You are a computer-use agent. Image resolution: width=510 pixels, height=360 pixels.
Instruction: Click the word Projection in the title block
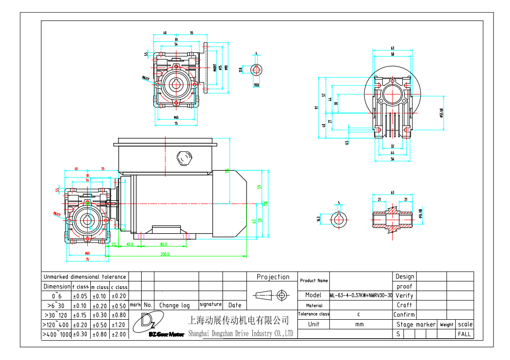pos(273,277)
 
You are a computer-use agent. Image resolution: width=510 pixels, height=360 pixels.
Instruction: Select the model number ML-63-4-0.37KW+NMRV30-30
pos(361,295)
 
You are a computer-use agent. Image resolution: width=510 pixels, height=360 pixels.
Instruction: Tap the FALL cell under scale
pos(464,334)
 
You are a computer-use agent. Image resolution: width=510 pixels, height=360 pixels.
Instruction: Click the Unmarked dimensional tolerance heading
pos(84,277)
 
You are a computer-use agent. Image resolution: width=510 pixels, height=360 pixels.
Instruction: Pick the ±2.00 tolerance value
pos(119,334)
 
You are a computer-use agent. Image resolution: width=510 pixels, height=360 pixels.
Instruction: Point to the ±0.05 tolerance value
pos(81,296)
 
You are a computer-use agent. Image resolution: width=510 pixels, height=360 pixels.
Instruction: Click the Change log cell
pos(175,305)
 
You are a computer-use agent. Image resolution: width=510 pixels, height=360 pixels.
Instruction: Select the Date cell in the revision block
pos(235,305)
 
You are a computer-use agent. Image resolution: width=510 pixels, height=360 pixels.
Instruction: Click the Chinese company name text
pos(238,321)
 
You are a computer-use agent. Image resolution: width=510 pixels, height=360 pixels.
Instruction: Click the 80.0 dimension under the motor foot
pos(163,245)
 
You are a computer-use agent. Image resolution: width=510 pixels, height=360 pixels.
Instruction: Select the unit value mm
pos(359,324)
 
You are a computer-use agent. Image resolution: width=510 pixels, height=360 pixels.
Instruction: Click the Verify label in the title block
pos(404,295)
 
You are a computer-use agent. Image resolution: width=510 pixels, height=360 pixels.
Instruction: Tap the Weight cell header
pos(446,325)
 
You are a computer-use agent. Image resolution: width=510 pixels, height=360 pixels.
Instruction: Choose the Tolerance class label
pos(313,314)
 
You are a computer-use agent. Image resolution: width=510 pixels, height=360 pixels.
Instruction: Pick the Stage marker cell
pos(416,325)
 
